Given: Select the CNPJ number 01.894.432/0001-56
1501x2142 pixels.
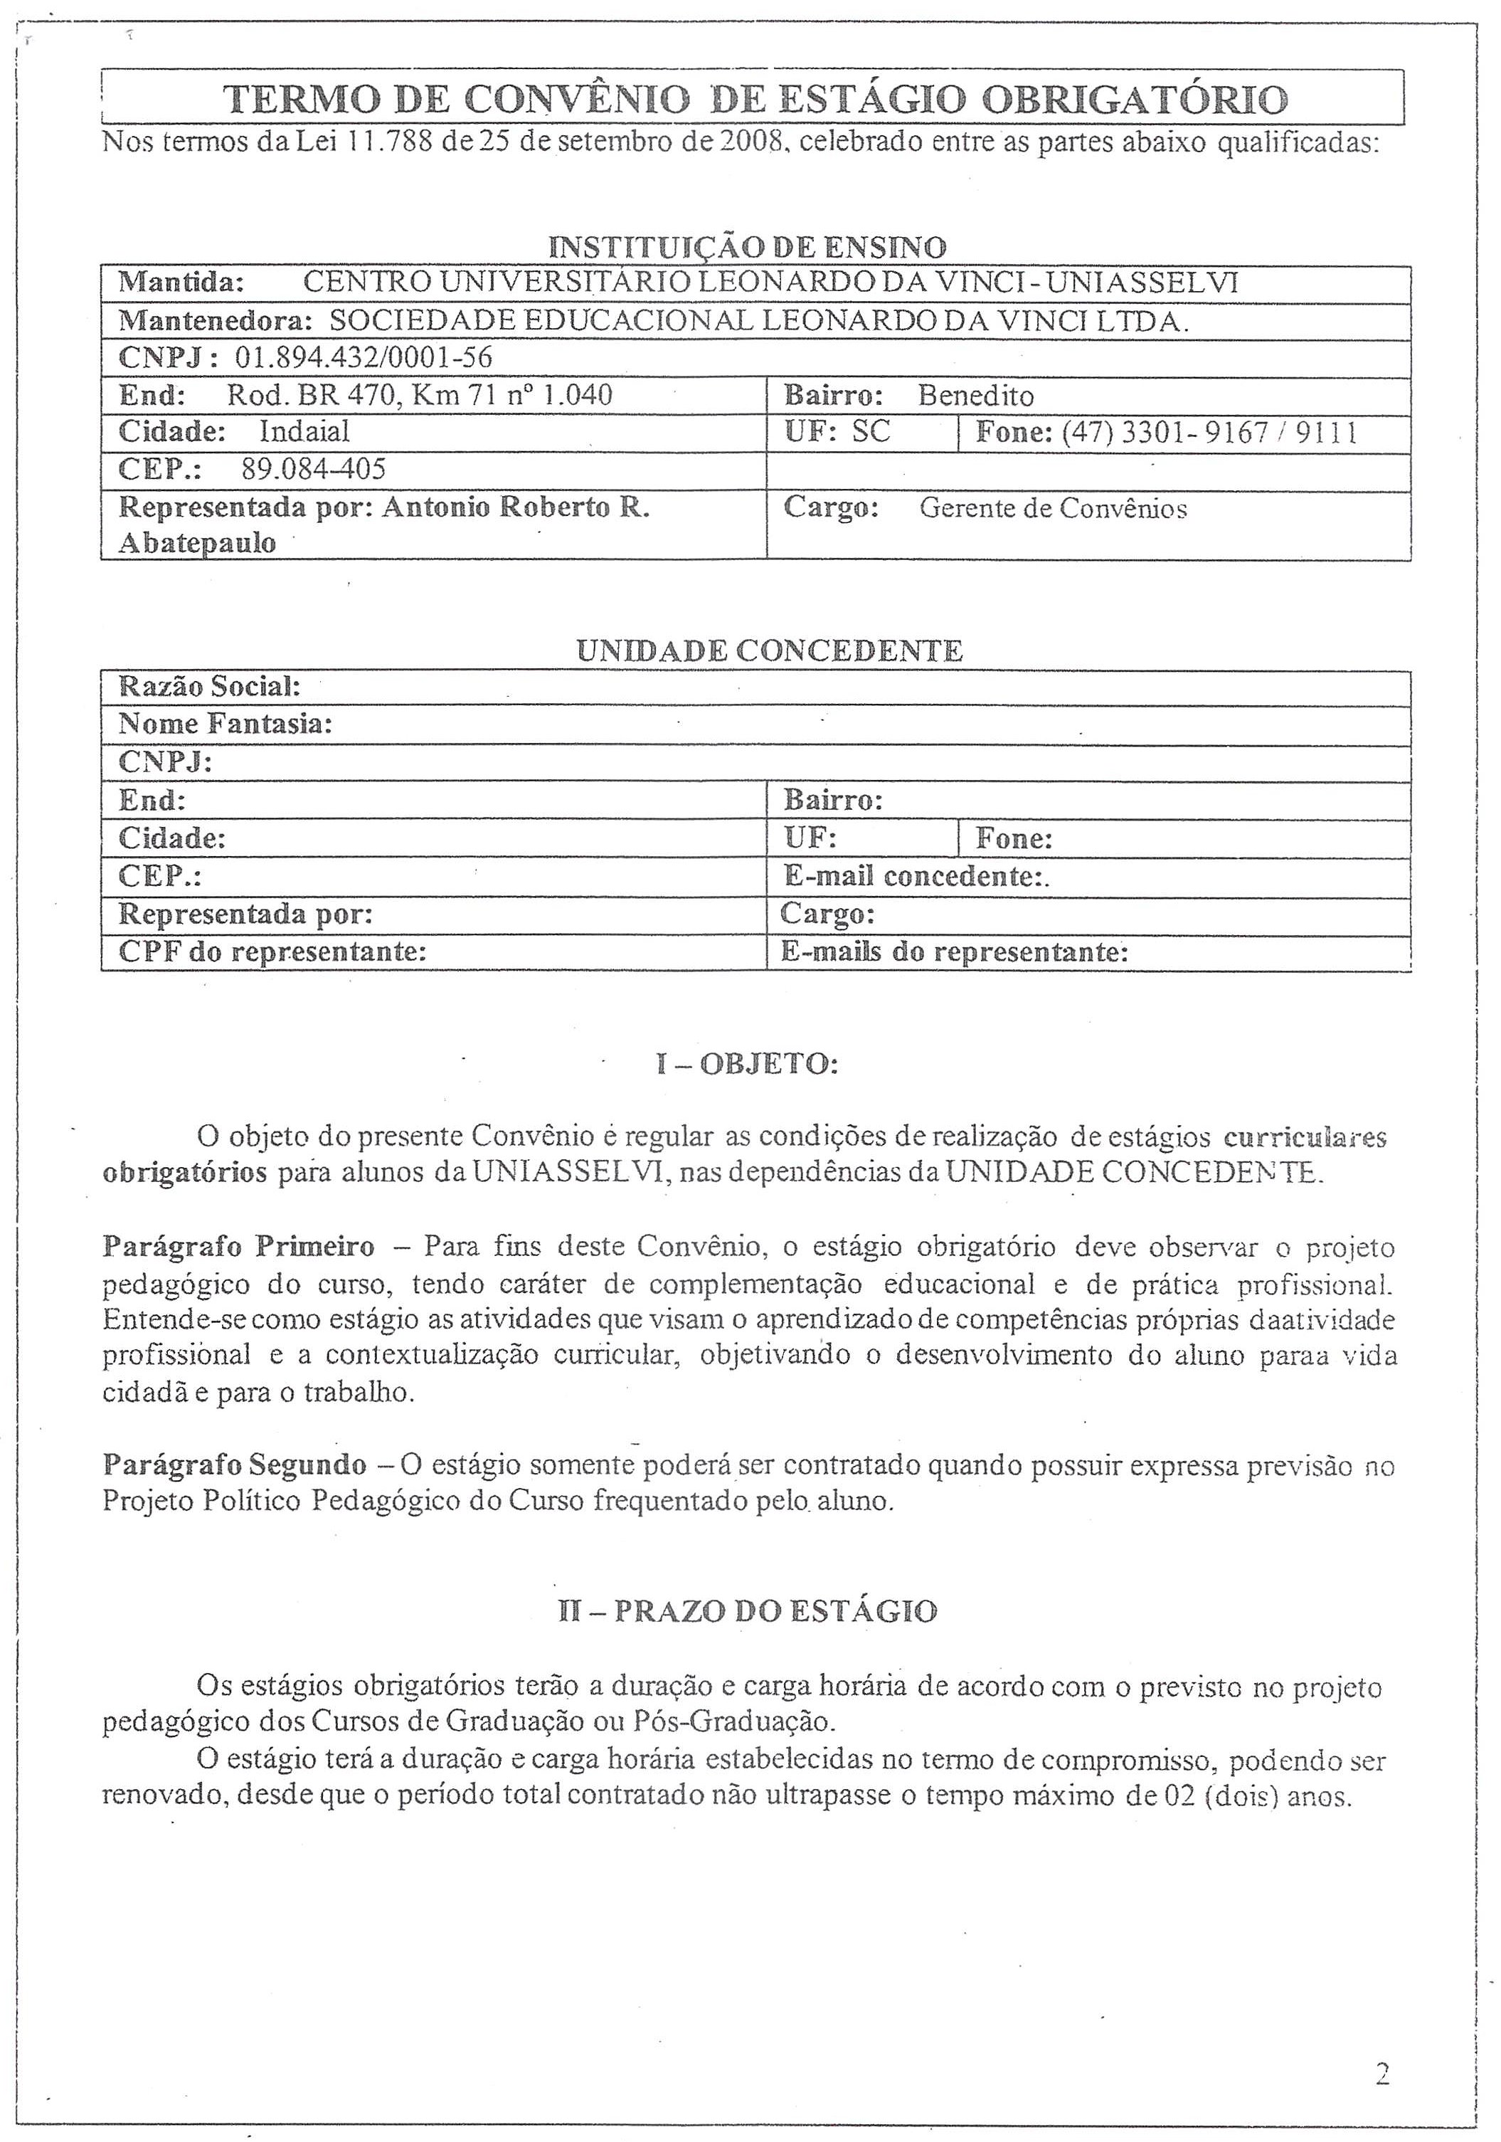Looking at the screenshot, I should click(x=364, y=358).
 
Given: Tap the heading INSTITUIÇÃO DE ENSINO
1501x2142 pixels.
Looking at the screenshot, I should click(x=747, y=247).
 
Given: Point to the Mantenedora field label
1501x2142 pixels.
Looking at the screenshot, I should click(x=216, y=321).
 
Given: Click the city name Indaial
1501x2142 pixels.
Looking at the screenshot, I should click(x=304, y=432).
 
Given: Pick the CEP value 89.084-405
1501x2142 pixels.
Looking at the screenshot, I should click(x=314, y=469).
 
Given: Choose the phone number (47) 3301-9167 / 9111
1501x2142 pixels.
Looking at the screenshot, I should click(x=1209, y=433).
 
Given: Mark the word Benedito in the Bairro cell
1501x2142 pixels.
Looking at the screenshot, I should click(x=976, y=396).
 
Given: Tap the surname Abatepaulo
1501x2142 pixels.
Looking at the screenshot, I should click(x=197, y=543).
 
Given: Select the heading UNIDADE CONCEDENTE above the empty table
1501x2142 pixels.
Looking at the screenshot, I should click(x=769, y=650).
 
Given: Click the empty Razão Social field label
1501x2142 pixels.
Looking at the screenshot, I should click(x=210, y=687).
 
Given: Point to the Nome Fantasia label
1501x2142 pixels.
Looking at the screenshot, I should click(x=226, y=724).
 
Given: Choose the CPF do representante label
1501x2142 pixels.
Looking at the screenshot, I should click(x=272, y=953).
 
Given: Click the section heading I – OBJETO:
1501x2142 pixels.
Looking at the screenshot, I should click(x=747, y=1065).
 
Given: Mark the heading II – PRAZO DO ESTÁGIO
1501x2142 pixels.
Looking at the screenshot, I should click(x=747, y=1611).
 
